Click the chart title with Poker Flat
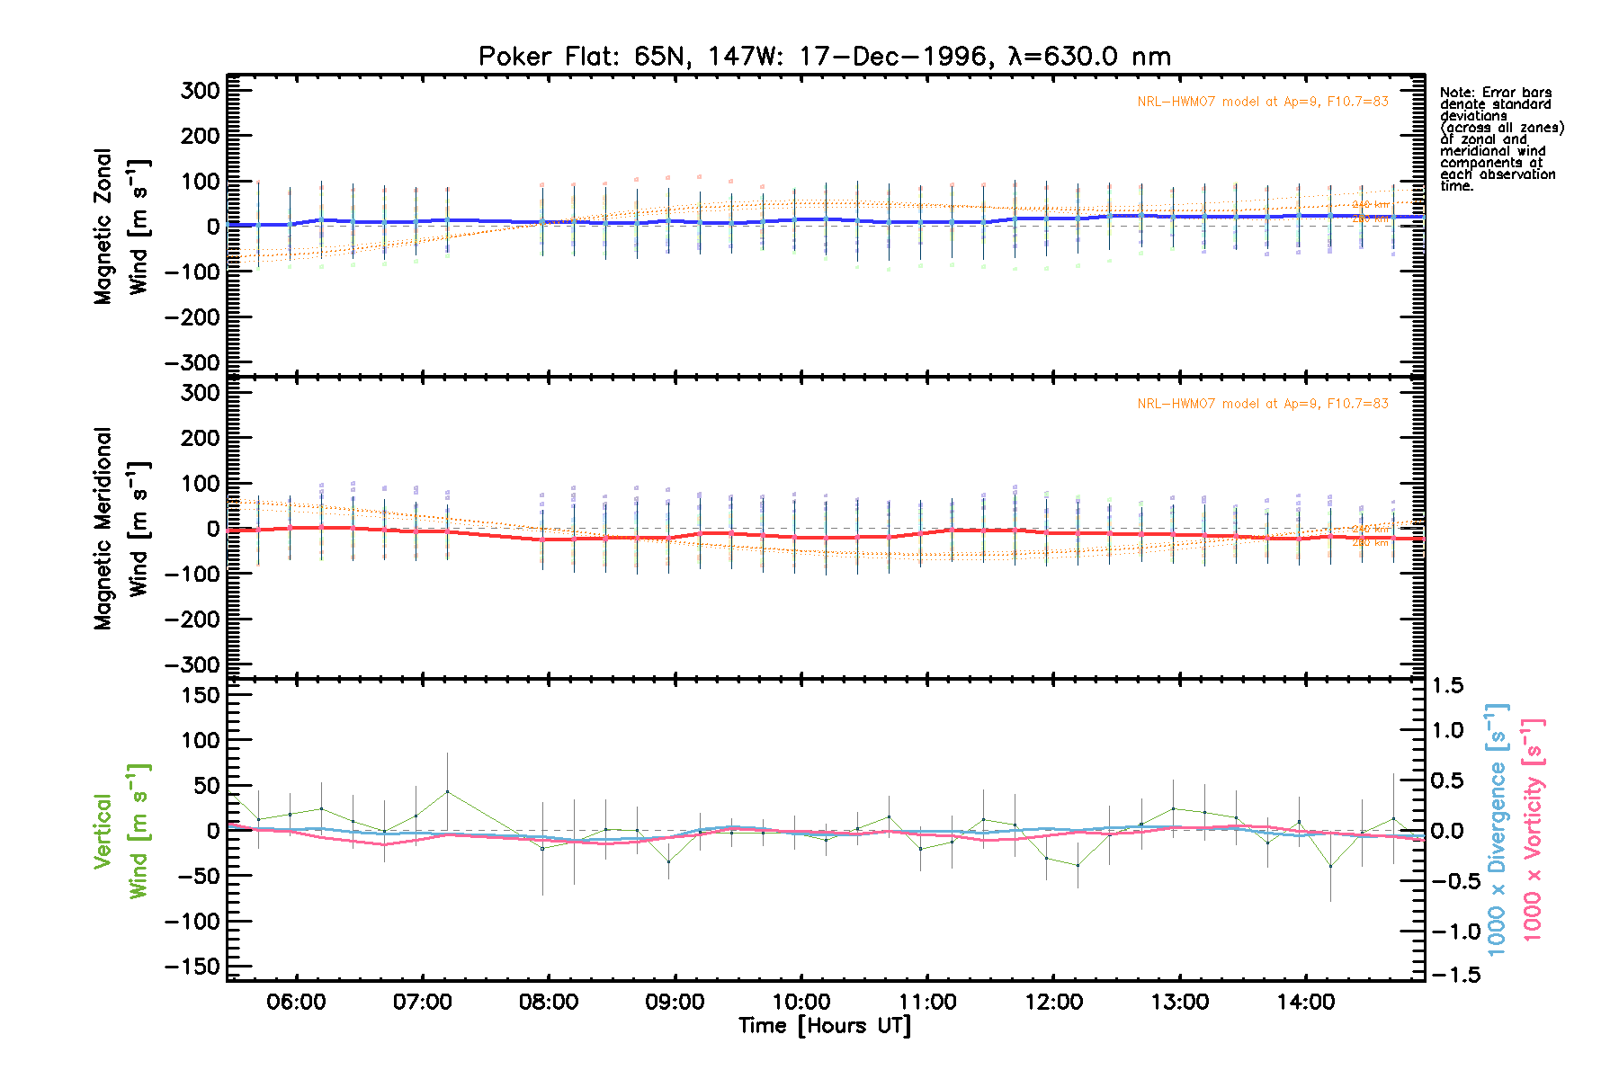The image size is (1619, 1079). tap(824, 57)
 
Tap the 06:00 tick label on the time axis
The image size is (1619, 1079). tap(296, 1003)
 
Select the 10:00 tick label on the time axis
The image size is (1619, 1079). tap(801, 1003)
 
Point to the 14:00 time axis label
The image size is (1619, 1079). tap(1305, 1003)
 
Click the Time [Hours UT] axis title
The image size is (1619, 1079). tap(824, 1026)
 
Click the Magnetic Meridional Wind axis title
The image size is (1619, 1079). tap(121, 529)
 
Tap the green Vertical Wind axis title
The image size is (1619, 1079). tap(121, 831)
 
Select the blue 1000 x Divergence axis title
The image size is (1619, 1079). tap(1497, 829)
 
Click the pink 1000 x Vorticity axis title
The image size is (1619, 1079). tap(1533, 829)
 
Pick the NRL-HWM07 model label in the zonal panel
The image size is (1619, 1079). tap(1262, 102)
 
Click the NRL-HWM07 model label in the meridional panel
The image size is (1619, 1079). tap(1262, 404)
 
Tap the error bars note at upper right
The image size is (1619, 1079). tap(1500, 139)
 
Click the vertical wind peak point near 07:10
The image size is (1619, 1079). tap(447, 792)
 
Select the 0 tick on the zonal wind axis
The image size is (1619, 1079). tap(212, 227)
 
